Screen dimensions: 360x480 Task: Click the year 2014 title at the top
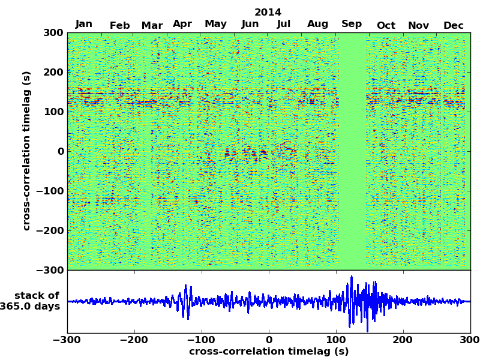pyautogui.click(x=268, y=12)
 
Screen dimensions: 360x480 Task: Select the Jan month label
pyautogui.click(x=84, y=24)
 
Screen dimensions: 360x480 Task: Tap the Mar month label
pyautogui.click(x=152, y=25)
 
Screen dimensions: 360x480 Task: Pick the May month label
pyautogui.click(x=215, y=24)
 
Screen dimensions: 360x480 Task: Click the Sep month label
pyautogui.click(x=352, y=24)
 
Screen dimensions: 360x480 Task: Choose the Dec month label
pyautogui.click(x=454, y=25)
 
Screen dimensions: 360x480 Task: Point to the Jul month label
pyautogui.click(x=284, y=24)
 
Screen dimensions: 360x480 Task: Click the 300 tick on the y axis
pyautogui.click(x=53, y=32)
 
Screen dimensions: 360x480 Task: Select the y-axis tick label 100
pyautogui.click(x=53, y=112)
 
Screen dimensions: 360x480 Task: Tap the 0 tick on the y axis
pyautogui.click(x=61, y=151)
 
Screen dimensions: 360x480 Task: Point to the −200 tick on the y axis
pyautogui.click(x=49, y=230)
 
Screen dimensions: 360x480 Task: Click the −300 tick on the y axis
pyautogui.click(x=49, y=270)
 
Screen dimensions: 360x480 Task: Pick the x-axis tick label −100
pyautogui.click(x=202, y=340)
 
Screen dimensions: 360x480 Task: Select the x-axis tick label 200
pyautogui.click(x=403, y=340)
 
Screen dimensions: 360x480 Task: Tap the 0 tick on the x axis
pyautogui.click(x=268, y=340)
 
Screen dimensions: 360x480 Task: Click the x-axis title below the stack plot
pyautogui.click(x=268, y=352)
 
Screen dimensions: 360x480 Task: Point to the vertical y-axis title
pyautogui.click(x=26, y=151)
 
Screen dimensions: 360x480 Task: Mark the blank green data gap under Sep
pyautogui.click(x=353, y=150)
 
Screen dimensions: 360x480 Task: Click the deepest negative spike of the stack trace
pyautogui.click(x=367, y=331)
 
